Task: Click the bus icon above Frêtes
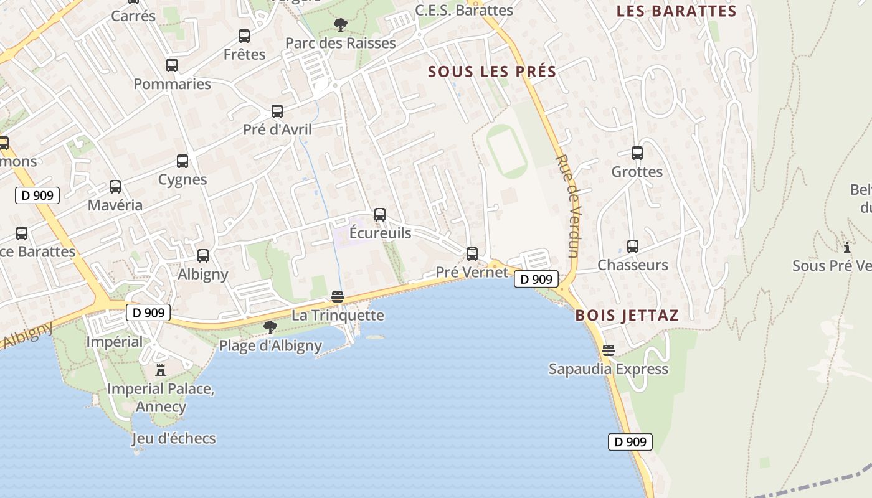(x=244, y=36)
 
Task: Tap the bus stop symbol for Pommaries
(x=172, y=65)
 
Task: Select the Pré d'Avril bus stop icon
(x=277, y=111)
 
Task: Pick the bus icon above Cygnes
(x=182, y=161)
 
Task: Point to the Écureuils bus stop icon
(x=380, y=215)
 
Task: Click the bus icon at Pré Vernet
(x=472, y=254)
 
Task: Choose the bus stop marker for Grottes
(x=637, y=153)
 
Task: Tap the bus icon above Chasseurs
(x=633, y=247)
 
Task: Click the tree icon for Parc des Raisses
(x=340, y=25)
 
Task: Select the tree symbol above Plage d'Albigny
(x=270, y=327)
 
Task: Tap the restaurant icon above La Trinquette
(x=338, y=297)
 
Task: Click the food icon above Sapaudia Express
(x=609, y=350)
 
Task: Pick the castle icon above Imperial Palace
(x=161, y=370)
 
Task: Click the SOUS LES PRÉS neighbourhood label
(x=492, y=72)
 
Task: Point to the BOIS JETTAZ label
(x=627, y=315)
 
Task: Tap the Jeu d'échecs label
(x=174, y=438)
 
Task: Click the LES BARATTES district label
(x=676, y=11)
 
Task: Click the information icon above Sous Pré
(x=846, y=247)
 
